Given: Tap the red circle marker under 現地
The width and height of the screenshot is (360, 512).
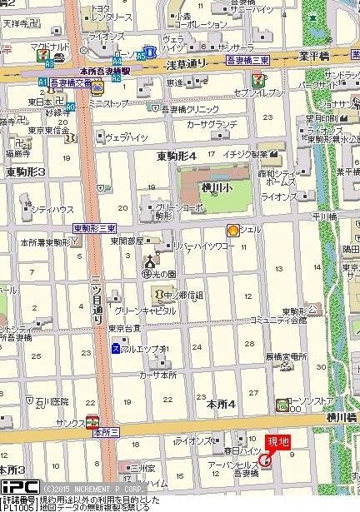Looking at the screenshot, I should (x=266, y=459).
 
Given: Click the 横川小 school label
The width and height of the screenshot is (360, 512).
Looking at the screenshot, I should (x=215, y=187).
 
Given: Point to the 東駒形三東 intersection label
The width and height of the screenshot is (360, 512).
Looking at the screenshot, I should (x=94, y=228).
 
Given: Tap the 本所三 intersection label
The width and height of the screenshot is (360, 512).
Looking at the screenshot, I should (x=106, y=433).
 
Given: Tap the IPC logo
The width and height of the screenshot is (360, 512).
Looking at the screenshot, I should (x=18, y=486).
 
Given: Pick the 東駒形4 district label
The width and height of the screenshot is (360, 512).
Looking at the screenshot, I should (x=176, y=156).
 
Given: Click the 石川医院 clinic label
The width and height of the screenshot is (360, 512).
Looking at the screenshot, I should (x=52, y=402).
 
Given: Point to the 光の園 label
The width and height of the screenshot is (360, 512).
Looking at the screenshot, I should (x=166, y=274).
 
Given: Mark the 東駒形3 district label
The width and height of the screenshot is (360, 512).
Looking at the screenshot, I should (x=26, y=171).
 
